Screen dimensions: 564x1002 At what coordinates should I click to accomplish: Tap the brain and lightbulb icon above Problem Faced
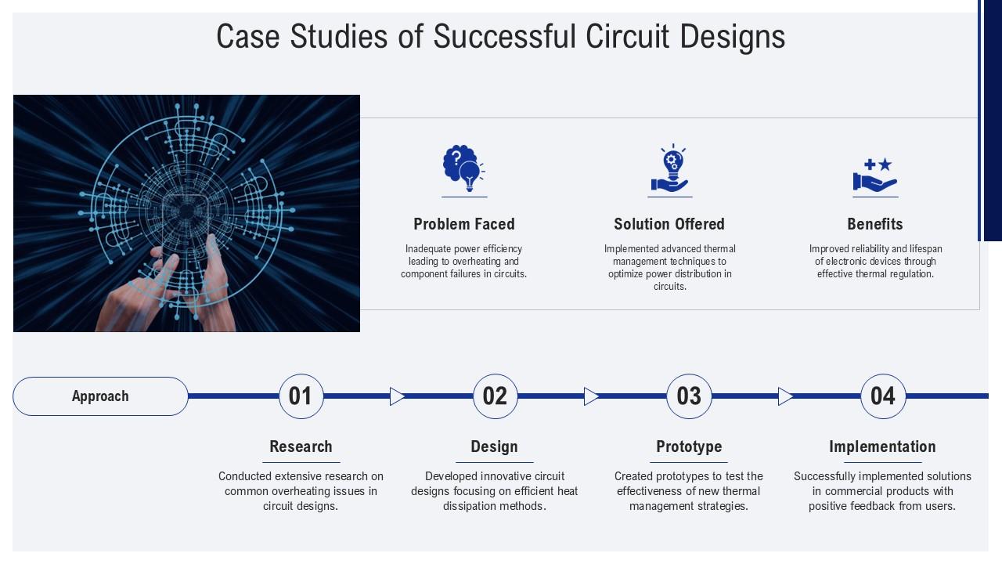click(x=463, y=168)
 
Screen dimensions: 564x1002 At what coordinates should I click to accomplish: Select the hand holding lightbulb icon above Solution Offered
click(x=669, y=169)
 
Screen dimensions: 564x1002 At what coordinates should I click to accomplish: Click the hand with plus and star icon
click(x=874, y=175)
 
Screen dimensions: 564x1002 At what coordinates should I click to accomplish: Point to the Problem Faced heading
click(x=463, y=224)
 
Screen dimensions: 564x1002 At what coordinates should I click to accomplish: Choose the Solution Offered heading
click(x=669, y=224)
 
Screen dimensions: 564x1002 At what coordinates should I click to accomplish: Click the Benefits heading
click(x=874, y=224)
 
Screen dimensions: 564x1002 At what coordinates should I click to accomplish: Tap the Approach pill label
click(x=100, y=396)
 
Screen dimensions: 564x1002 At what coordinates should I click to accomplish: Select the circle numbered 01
click(x=301, y=396)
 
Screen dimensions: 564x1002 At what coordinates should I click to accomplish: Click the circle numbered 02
click(x=495, y=396)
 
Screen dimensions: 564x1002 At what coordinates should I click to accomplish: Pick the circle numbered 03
click(x=689, y=396)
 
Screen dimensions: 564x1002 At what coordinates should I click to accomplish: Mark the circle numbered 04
click(x=883, y=396)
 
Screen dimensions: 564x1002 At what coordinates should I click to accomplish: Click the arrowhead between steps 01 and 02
click(x=397, y=396)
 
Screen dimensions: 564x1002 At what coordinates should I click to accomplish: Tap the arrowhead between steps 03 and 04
click(x=785, y=396)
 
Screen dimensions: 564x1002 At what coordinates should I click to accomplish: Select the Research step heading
click(x=301, y=446)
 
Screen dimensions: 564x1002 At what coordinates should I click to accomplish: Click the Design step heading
click(x=494, y=446)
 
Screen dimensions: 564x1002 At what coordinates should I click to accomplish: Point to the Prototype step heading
click(x=689, y=446)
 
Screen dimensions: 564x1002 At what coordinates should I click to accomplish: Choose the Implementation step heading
click(x=882, y=446)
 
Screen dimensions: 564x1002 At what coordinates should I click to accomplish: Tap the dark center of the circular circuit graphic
click(x=187, y=211)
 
